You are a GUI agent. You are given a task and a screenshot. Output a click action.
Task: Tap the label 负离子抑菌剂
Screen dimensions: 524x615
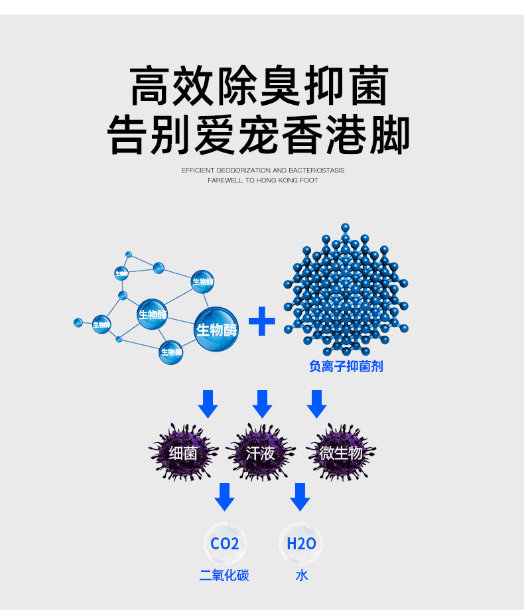(346, 366)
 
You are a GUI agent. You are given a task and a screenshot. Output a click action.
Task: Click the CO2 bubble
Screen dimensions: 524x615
(224, 543)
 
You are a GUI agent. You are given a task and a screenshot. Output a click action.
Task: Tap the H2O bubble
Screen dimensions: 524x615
(300, 543)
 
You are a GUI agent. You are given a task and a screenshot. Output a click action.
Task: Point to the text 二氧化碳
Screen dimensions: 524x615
(224, 575)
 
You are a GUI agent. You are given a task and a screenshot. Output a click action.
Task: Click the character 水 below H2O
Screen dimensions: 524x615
(301, 575)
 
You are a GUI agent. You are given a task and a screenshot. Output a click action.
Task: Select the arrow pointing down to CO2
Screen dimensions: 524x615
(225, 496)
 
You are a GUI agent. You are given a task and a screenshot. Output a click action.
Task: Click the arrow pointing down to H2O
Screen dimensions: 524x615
(300, 496)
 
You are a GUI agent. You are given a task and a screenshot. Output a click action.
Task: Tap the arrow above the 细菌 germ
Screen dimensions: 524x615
(208, 403)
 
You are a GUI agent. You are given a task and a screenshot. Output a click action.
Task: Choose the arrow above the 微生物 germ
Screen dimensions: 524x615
(316, 403)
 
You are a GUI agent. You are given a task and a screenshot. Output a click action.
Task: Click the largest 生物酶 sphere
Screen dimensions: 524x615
(216, 329)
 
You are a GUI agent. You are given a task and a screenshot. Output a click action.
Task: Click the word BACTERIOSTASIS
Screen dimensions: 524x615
(317, 171)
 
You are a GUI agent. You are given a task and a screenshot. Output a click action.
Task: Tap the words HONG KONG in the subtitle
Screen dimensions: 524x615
(273, 180)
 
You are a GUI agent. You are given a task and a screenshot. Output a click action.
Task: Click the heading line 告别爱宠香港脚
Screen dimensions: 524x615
(259, 135)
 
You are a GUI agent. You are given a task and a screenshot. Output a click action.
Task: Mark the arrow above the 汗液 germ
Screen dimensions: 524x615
(263, 403)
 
